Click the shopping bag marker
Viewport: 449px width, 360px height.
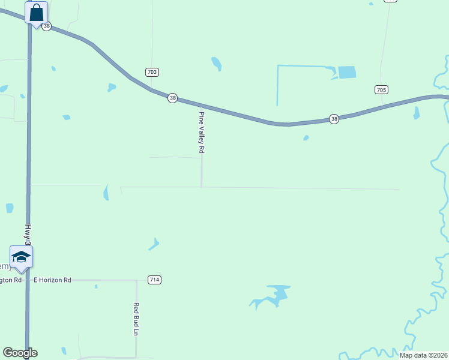(36, 13)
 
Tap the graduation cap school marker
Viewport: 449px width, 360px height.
(21, 257)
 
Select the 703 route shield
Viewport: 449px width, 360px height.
(152, 72)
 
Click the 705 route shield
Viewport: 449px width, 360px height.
(381, 89)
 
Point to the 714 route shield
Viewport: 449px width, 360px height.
(154, 280)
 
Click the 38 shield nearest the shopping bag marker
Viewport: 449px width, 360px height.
(47, 26)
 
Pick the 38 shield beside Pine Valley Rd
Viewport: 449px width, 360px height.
(172, 98)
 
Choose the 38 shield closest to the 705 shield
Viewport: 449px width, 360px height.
(334, 119)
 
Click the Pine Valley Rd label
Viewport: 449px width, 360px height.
(202, 132)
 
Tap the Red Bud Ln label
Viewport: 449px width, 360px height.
(136, 319)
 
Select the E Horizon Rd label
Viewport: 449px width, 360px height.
(52, 280)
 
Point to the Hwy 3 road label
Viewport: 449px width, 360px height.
(28, 235)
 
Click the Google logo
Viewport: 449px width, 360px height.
(20, 353)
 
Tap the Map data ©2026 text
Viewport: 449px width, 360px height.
(424, 355)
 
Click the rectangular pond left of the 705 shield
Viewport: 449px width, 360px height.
(346, 73)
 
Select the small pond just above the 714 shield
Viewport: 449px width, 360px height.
(154, 244)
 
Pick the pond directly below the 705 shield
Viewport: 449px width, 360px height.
(417, 113)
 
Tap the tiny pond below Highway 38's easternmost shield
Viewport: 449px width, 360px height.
(306, 138)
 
